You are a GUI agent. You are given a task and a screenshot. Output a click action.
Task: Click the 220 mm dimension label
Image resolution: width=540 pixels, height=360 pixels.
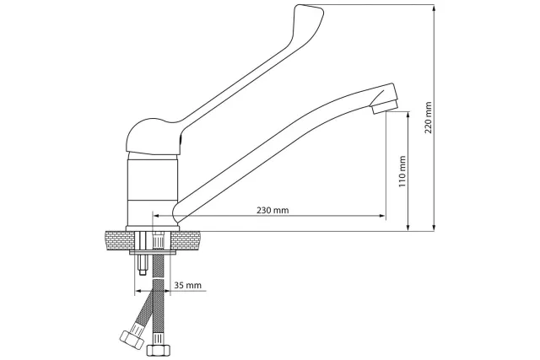click(428, 117)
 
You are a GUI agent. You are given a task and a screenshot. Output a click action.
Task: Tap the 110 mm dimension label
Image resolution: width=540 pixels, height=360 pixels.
click(402, 171)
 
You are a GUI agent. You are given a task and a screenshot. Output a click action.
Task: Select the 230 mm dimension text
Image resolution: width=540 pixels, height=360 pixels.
click(273, 210)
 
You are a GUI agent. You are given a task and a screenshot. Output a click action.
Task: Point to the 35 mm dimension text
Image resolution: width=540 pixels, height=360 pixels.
click(187, 285)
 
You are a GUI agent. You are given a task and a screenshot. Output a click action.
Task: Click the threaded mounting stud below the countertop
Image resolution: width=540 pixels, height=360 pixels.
click(143, 265)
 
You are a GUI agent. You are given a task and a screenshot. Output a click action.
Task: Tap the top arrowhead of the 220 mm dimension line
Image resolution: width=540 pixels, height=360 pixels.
click(435, 8)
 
